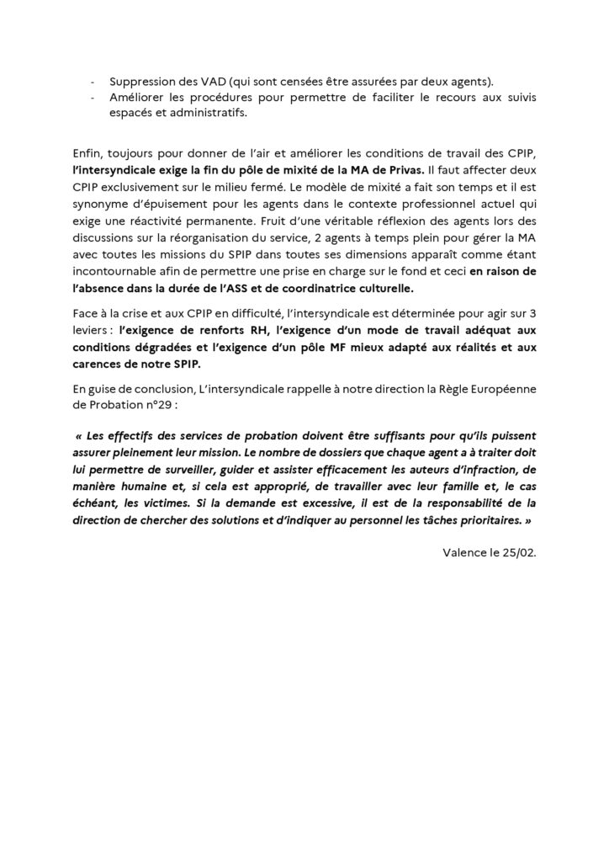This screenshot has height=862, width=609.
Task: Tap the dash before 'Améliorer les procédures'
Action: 92,98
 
